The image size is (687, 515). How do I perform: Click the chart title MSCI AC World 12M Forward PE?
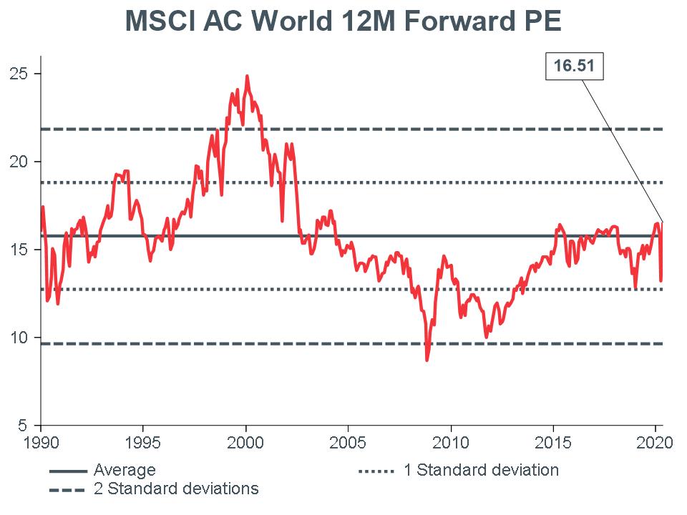click(343, 21)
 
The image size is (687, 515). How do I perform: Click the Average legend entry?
click(124, 471)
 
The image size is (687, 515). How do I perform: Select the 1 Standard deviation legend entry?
click(480, 471)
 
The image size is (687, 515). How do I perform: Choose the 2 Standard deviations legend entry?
click(175, 489)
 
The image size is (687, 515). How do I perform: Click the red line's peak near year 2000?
click(248, 76)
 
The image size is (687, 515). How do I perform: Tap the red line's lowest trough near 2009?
click(427, 360)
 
